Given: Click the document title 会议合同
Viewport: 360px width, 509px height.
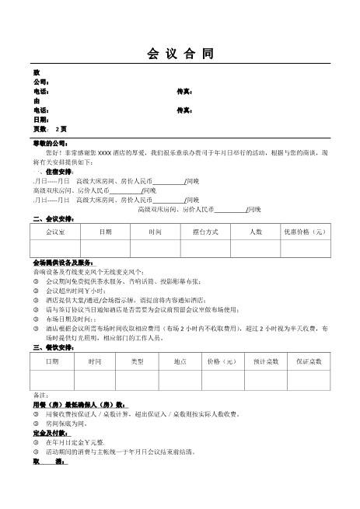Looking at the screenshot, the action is (180, 54).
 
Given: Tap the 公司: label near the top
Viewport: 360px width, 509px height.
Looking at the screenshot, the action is (41, 82).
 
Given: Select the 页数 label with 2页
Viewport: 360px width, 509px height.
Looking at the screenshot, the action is (50, 128).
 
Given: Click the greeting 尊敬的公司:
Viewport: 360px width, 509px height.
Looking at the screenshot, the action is (50, 143).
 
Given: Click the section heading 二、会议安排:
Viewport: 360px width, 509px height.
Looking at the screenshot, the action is (53, 218).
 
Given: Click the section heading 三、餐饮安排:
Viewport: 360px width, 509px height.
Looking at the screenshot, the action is (53, 347).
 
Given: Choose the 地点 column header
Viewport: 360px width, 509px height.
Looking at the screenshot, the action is (180, 361).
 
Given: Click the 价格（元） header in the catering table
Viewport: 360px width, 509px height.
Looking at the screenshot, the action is (222, 361).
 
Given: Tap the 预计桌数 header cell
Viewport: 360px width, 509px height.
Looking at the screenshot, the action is (265, 361).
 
